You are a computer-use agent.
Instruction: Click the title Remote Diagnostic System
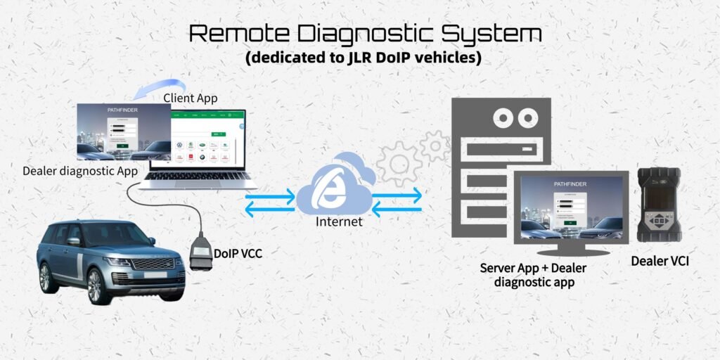[x=366, y=34]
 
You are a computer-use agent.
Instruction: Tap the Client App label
[x=190, y=98]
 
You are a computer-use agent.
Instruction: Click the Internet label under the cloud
[x=340, y=222]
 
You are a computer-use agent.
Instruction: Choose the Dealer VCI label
[x=659, y=262]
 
